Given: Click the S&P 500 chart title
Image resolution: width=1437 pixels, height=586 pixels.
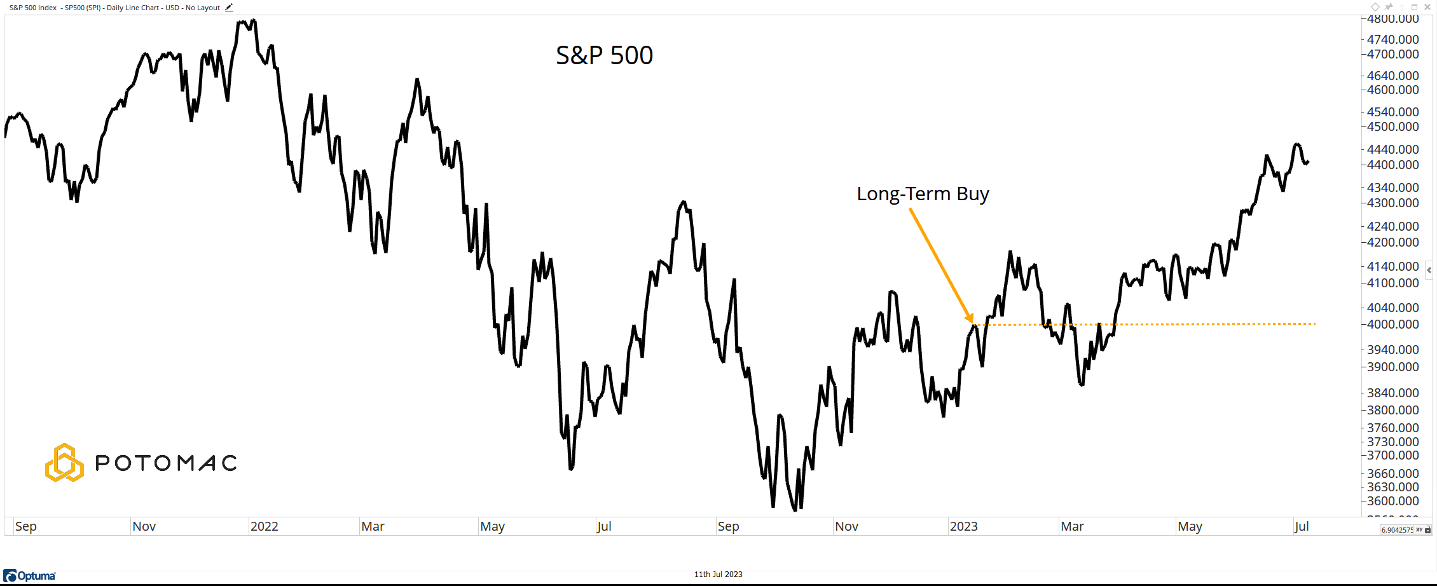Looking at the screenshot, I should coord(604,55).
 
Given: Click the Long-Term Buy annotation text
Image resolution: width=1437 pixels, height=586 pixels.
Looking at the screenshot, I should coord(923,193).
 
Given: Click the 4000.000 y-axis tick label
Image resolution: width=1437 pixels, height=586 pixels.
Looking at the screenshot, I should coord(1392,324).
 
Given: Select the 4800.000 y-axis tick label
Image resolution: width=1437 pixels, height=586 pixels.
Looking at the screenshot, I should coord(1392,19).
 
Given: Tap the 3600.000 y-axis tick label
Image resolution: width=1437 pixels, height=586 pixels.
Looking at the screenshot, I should coord(1392,501).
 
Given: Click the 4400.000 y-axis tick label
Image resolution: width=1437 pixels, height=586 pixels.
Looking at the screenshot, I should coord(1392,165).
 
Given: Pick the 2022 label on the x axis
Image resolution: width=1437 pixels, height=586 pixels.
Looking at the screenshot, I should coord(264,526).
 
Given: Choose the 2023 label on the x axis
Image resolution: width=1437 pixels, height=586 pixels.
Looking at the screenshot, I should coord(963,526).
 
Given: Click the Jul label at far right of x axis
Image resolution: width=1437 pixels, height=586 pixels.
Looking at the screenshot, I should coord(1302,526).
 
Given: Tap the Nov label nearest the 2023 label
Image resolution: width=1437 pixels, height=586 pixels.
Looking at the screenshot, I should coord(846,526).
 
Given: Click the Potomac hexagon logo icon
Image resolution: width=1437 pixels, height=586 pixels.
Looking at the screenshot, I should coord(64,463).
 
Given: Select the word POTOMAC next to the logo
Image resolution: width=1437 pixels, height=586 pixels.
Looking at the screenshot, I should coord(166,463).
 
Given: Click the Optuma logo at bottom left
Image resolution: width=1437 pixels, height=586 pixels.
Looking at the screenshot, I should coord(30,576).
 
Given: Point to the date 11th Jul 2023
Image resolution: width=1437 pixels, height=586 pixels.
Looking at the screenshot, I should coord(718,575).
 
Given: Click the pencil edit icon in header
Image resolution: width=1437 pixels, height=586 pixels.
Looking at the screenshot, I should coord(229,8).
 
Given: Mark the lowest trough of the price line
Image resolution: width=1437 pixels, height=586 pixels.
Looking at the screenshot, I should coord(795,510).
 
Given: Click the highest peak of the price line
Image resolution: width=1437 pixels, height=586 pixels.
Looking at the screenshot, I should coord(253,20).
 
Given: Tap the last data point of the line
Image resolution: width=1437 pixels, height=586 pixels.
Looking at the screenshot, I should coord(1308,162).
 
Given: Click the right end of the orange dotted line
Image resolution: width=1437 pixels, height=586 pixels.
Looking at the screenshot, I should coord(1315,324).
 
